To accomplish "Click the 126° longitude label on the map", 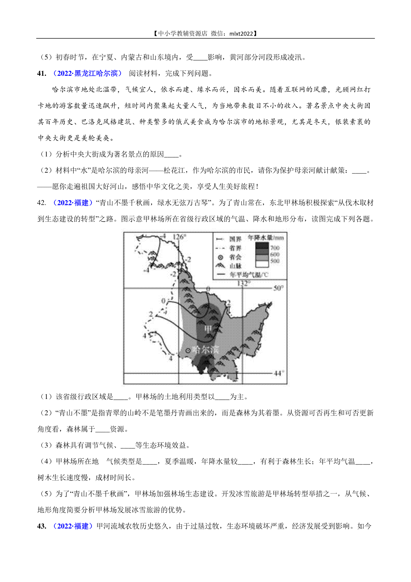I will click(x=179, y=237).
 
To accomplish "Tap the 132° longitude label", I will click(x=243, y=283).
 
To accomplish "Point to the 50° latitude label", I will click(x=278, y=288).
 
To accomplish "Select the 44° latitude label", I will click(x=278, y=373).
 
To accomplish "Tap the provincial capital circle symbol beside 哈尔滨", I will click(x=187, y=351).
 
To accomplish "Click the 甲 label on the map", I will click(x=208, y=329).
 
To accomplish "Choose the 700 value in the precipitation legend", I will click(x=275, y=247).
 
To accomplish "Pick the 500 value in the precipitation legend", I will click(x=275, y=261).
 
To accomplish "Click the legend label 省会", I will click(x=235, y=257).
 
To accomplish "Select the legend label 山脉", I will click(x=235, y=266).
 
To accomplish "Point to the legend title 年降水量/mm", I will click(x=266, y=238).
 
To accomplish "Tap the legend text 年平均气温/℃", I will click(x=249, y=275).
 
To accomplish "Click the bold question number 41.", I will click(x=41, y=73).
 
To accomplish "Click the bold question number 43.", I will click(x=41, y=526).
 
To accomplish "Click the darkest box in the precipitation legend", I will click(x=262, y=246).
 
